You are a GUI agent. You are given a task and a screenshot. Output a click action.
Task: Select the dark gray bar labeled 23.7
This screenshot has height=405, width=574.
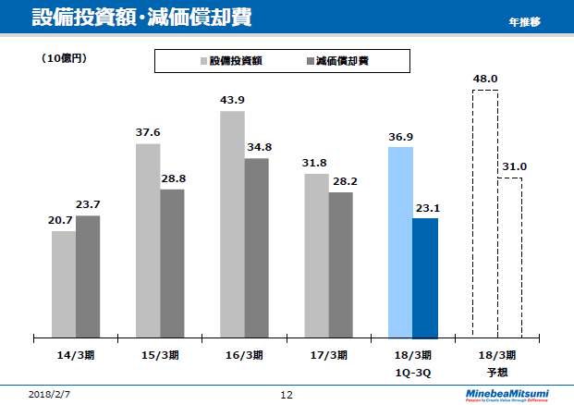88,275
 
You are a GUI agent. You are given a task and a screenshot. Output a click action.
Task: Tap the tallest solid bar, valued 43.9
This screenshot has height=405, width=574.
232,223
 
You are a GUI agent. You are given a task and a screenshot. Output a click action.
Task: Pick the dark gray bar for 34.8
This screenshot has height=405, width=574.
256,247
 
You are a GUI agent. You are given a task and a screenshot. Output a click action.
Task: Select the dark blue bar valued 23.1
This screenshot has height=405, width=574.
425,276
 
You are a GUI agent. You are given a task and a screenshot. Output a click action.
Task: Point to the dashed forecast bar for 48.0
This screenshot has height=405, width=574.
485,213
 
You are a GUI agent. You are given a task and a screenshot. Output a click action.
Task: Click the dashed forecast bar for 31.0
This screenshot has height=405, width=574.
509,256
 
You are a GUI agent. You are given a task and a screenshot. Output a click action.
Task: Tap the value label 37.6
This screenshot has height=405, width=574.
148,132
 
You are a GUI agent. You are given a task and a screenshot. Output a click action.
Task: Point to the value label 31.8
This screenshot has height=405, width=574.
315,163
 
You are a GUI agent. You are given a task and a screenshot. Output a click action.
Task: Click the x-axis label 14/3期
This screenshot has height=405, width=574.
76,354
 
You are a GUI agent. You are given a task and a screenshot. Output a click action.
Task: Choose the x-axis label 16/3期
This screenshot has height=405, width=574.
244,354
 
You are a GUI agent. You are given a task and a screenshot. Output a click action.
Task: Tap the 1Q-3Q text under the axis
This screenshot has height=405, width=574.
412,372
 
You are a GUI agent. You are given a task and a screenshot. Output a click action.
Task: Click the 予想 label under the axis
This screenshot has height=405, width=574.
497,372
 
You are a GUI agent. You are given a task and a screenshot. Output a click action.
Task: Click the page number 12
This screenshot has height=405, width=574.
287,395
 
